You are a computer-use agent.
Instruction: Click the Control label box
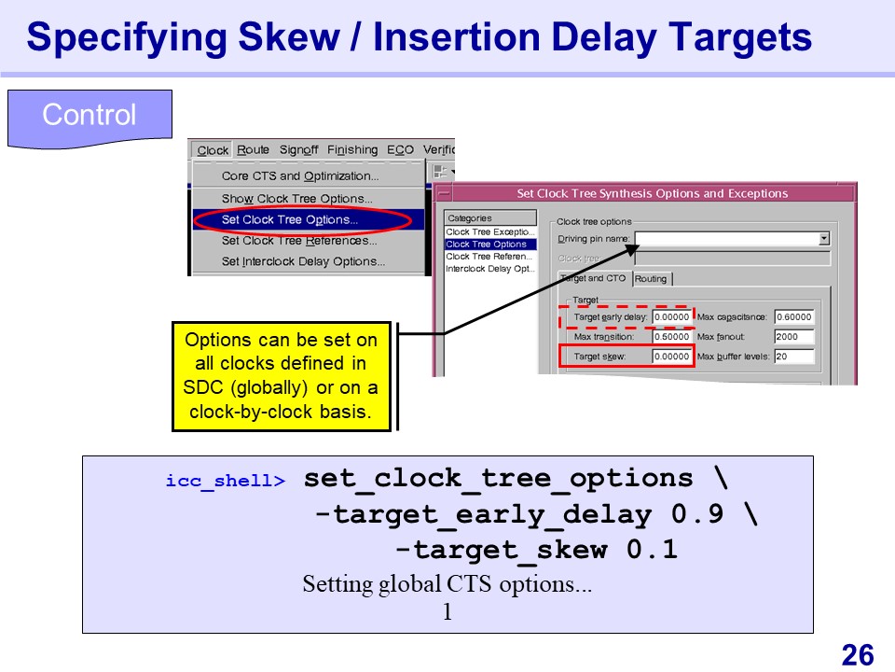89,119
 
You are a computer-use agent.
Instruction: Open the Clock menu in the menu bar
213,150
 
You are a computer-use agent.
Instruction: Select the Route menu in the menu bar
253,149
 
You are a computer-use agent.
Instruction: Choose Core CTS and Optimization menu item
300,176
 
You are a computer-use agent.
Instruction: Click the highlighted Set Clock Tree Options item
290,219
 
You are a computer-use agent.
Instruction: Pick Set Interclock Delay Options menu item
303,261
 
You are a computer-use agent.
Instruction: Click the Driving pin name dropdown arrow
823,239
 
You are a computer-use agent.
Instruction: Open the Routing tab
651,279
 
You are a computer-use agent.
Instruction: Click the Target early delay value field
671,317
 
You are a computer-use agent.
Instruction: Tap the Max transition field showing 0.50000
671,337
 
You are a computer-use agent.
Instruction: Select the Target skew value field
671,356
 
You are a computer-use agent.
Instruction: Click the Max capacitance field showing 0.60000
794,317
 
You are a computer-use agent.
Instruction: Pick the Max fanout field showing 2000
794,337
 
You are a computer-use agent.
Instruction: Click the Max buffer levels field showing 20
794,356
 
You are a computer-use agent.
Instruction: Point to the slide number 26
858,655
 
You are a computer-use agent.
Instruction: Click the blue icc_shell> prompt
226,481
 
